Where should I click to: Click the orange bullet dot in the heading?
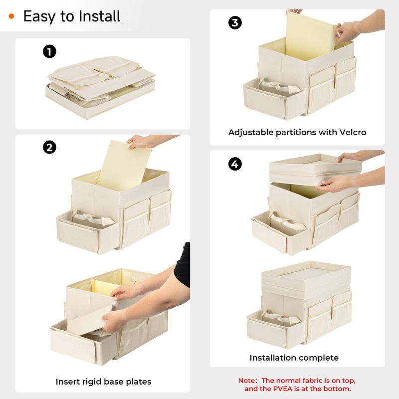tap(11, 16)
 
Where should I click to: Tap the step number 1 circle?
tap(49, 51)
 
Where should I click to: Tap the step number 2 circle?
tap(49, 147)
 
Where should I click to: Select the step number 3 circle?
tap(235, 22)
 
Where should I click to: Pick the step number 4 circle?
tap(235, 164)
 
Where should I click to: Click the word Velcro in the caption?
tap(353, 132)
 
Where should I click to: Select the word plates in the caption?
tap(139, 382)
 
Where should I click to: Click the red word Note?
tap(246, 381)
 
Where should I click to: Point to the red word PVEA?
tap(283, 389)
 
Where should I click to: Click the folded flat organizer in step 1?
tap(101, 86)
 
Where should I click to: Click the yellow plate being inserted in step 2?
tap(124, 166)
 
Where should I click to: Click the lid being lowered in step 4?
tap(315, 169)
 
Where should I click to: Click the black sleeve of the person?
tap(183, 265)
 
